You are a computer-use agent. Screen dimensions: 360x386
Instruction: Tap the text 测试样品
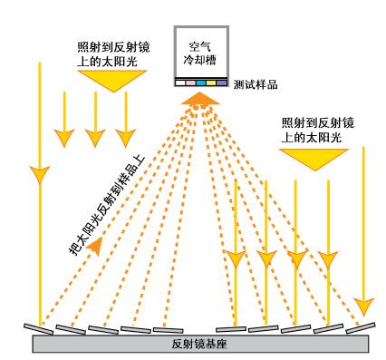[x=256, y=83]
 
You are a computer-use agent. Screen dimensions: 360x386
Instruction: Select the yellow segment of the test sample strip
[x=210, y=83]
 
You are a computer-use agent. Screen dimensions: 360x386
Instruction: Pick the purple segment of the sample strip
[x=221, y=83]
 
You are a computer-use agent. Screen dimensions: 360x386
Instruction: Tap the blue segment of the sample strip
[x=199, y=83]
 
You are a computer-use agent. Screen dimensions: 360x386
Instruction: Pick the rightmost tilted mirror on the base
[x=362, y=325]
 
